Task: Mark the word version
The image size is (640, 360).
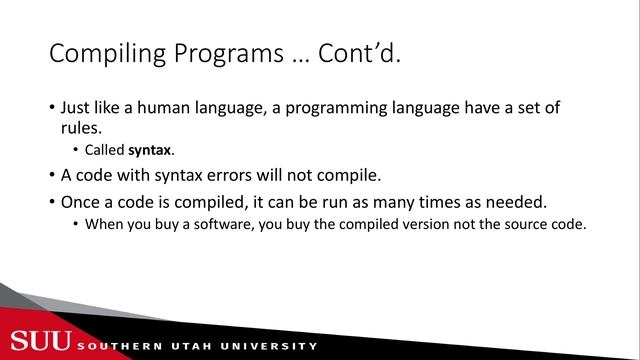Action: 436,223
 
